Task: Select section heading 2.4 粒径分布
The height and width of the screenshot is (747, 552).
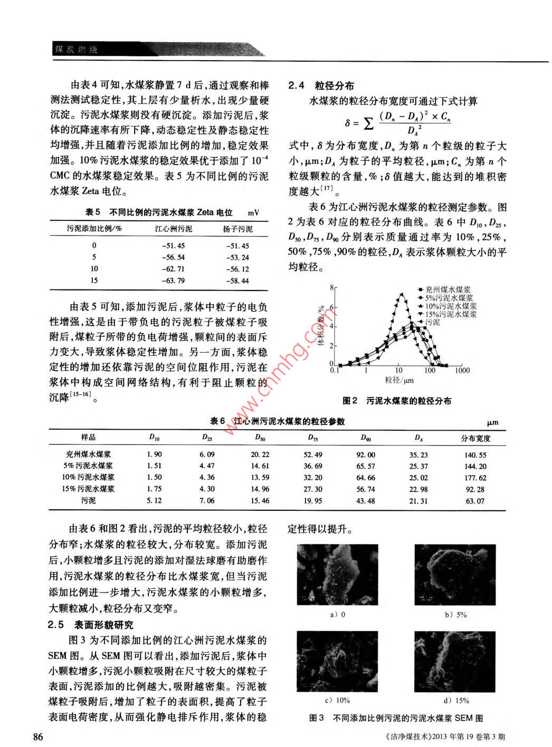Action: coord(321,85)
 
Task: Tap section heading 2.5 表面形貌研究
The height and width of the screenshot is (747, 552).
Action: coord(90,625)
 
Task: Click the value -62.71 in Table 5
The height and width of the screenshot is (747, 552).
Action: coord(174,269)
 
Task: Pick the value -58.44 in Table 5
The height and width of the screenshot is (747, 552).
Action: coord(237,280)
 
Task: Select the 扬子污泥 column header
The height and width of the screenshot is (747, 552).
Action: coord(237,229)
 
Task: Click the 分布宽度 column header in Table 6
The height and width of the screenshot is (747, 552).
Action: coord(475,438)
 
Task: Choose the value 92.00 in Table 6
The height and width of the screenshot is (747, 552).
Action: coord(366,454)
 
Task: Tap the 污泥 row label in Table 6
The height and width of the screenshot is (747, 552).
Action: coord(89,500)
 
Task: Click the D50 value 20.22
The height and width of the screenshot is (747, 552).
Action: coord(260,454)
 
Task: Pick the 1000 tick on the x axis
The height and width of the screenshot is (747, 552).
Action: coord(462,371)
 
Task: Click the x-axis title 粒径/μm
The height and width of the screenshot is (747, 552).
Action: coord(399,380)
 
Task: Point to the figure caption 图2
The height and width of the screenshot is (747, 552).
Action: coord(397,401)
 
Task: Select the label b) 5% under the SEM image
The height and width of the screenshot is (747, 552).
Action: coord(456,615)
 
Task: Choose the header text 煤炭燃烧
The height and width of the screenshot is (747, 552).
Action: coord(77,50)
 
